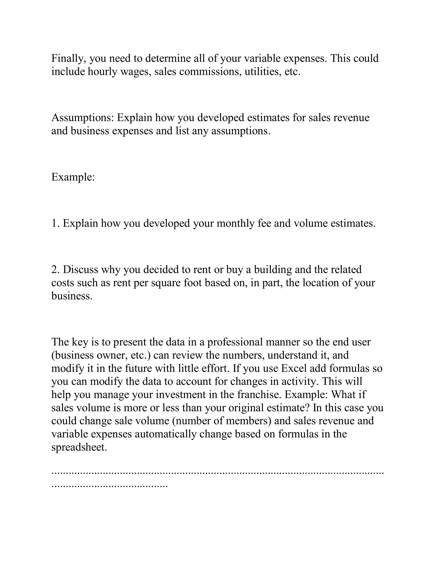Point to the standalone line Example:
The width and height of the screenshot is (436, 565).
coord(73,177)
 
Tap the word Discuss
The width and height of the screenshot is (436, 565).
coord(80,269)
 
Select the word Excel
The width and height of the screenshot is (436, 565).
coord(294,368)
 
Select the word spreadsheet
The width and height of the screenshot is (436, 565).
coord(79,447)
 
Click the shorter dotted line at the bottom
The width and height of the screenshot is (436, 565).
coord(109,486)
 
